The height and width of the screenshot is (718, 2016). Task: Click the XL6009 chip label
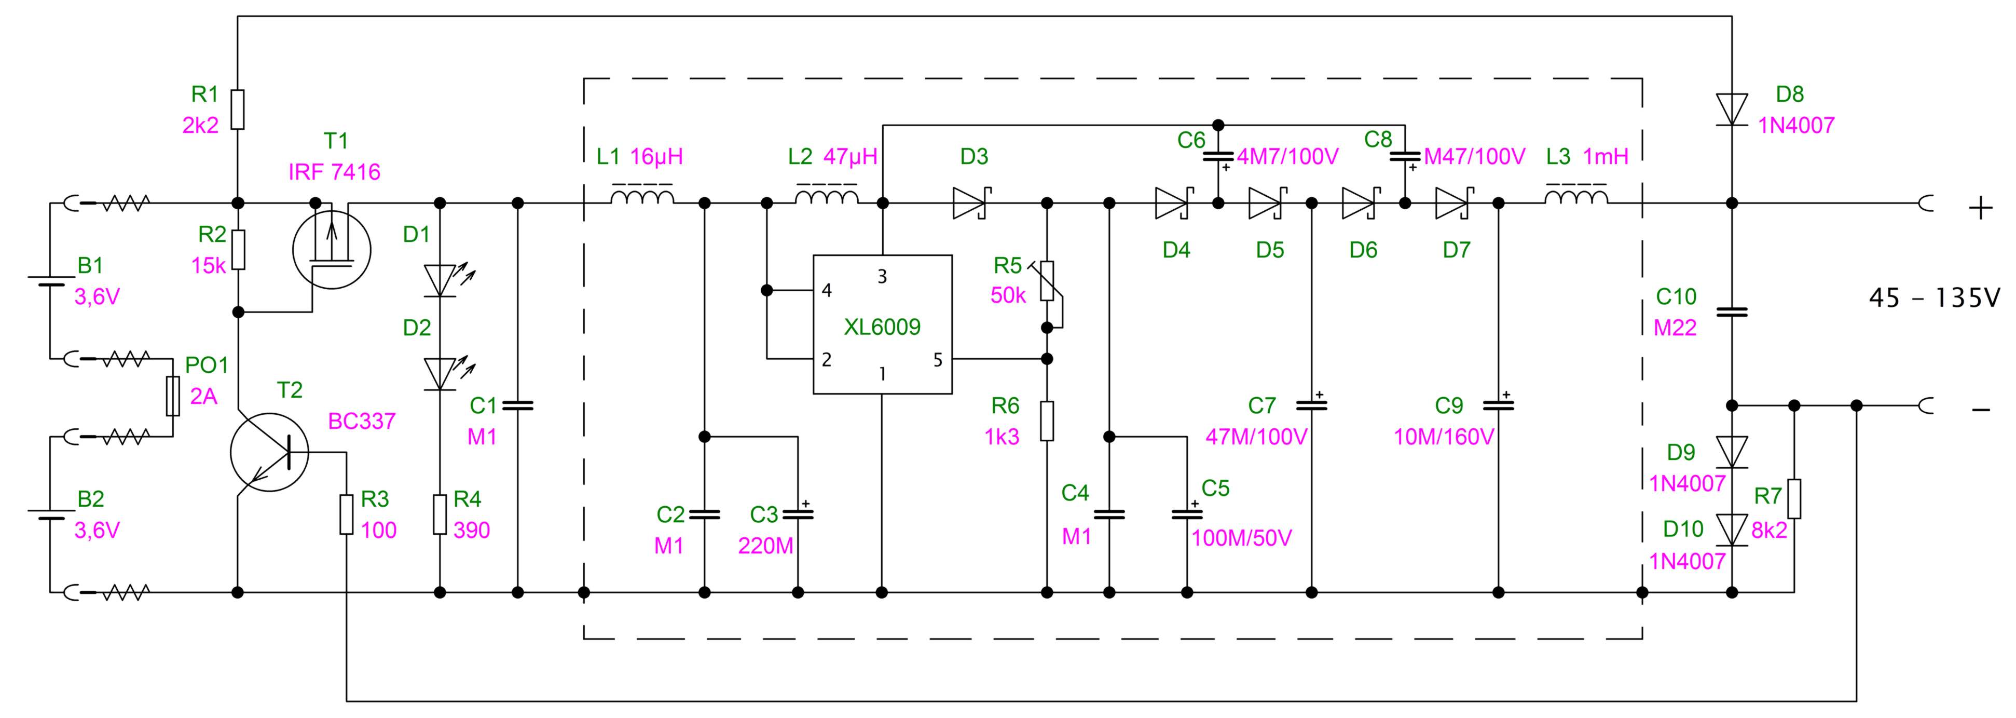click(x=882, y=327)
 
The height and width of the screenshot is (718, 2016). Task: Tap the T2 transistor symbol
click(x=269, y=453)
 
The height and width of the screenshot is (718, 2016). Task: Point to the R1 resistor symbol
click(x=238, y=109)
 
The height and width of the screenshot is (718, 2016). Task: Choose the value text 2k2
click(x=201, y=125)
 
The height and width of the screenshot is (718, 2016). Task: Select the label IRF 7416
click(x=334, y=172)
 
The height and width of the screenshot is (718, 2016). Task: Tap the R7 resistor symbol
click(x=1794, y=499)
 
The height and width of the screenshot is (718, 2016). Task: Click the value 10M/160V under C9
click(x=1444, y=437)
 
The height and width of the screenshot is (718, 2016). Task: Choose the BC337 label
click(x=362, y=421)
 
